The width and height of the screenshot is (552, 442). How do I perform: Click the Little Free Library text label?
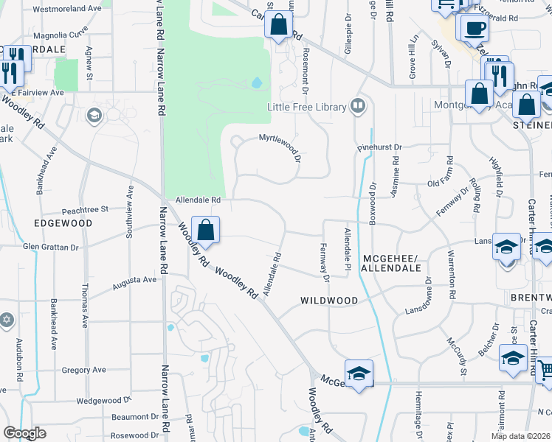(307, 107)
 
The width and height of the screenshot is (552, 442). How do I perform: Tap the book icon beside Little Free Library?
(358, 107)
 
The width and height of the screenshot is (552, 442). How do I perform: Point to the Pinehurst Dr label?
(379, 147)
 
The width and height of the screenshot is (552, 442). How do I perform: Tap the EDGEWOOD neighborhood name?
(63, 223)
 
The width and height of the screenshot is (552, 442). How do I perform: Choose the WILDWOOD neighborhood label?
(329, 301)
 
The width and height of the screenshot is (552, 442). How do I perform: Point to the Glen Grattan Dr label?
(50, 248)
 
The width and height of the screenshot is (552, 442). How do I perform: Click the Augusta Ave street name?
(134, 281)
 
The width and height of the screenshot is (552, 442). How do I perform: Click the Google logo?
(24, 433)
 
